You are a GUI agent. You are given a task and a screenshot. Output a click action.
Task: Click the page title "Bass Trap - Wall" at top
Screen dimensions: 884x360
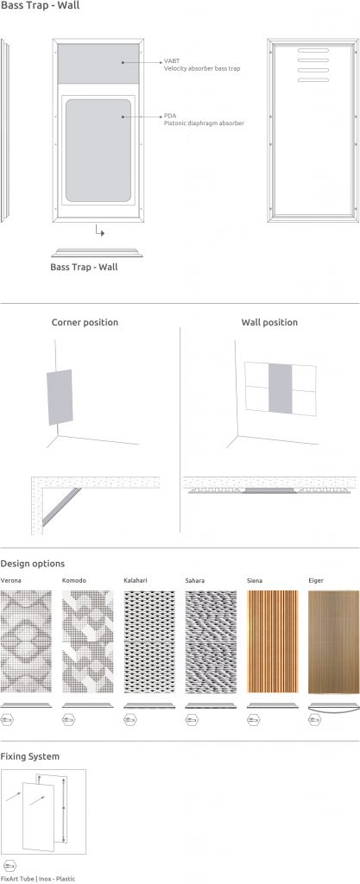click(36, 6)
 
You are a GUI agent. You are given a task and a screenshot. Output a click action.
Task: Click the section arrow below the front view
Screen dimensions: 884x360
click(100, 231)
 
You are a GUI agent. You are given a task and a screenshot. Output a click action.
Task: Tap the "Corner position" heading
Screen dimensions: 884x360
click(85, 322)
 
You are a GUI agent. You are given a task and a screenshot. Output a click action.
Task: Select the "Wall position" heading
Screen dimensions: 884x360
click(269, 322)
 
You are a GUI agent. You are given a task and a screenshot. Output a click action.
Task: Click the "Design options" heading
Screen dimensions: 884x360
click(33, 564)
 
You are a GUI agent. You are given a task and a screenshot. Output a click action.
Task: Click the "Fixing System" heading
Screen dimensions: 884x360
click(30, 756)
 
